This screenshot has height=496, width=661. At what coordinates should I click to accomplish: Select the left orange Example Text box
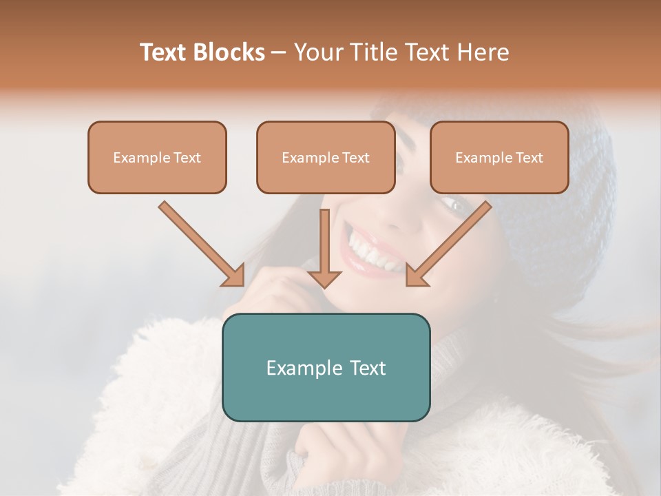click(x=157, y=157)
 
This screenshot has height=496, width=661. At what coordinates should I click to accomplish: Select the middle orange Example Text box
click(x=326, y=157)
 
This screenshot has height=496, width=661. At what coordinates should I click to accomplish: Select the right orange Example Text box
click(x=499, y=157)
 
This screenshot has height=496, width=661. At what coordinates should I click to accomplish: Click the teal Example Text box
click(x=326, y=367)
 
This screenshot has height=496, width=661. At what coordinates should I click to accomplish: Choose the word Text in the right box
click(x=529, y=158)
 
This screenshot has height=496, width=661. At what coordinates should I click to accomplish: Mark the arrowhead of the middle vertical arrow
click(x=324, y=278)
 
